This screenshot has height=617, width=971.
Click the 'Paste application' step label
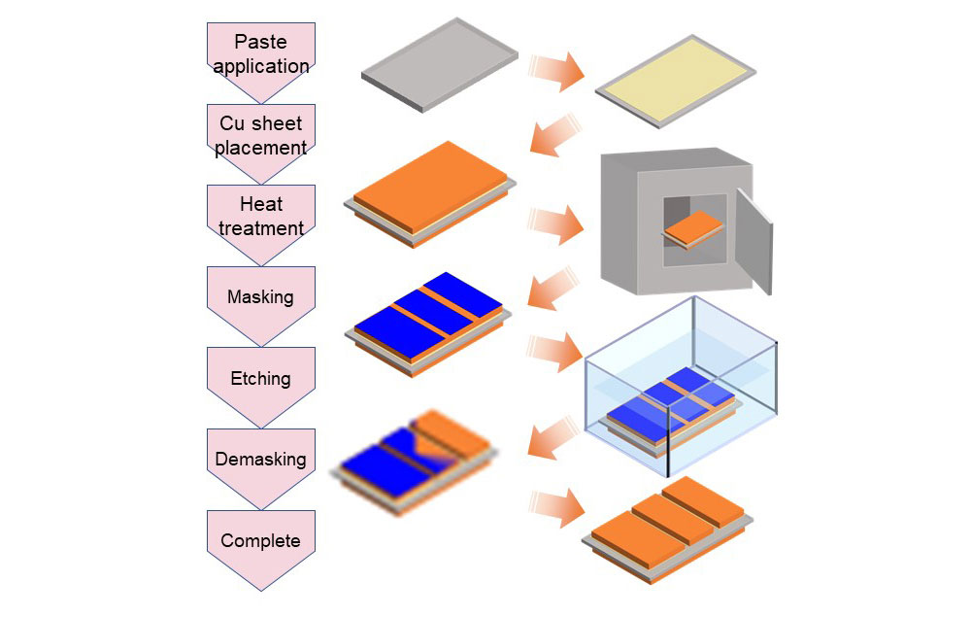coord(260,54)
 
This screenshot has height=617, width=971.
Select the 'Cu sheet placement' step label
coord(260,136)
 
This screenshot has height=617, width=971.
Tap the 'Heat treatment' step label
coord(260,217)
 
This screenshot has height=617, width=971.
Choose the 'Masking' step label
coord(260,297)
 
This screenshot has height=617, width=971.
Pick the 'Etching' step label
coord(260,378)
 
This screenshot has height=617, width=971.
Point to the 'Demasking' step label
coord(260,459)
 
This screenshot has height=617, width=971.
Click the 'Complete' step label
coord(260,540)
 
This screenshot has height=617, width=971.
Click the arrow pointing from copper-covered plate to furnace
coord(555,223)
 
